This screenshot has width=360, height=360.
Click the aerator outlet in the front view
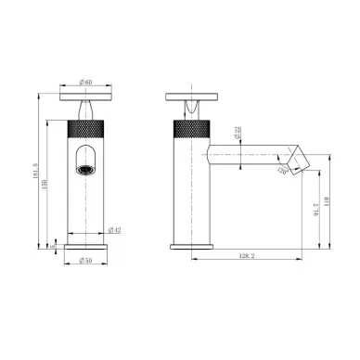85,171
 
